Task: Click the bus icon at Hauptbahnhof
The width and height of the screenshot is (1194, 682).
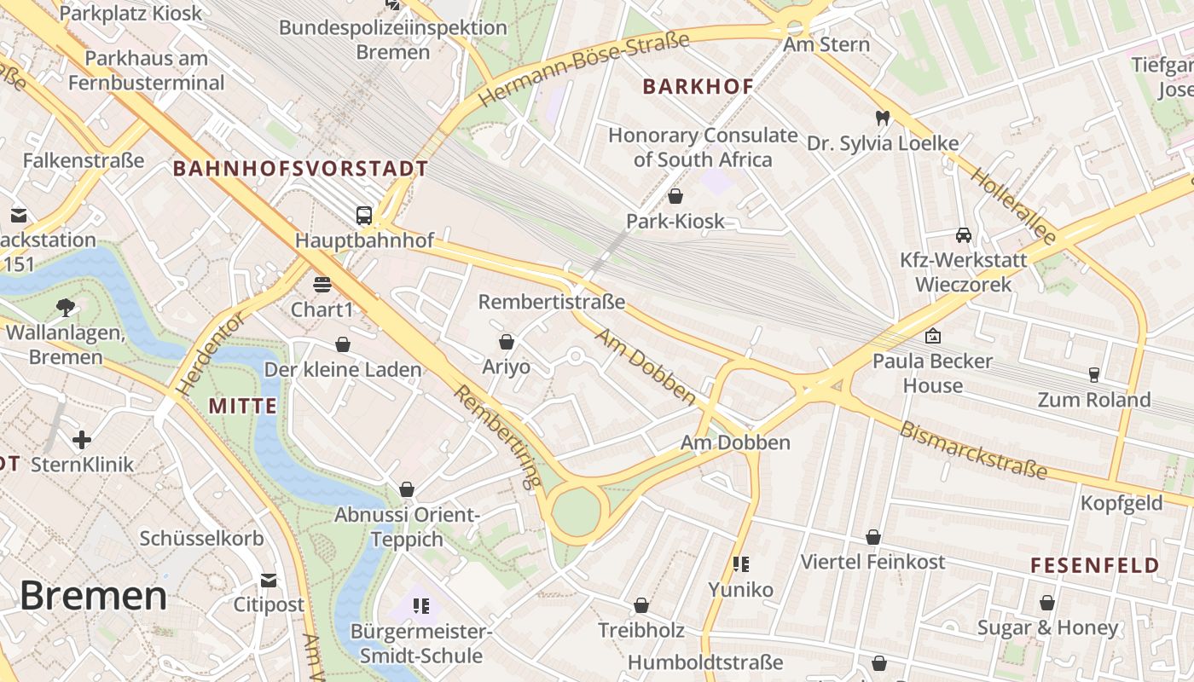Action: point(364,215)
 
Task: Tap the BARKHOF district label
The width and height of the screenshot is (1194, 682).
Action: point(698,86)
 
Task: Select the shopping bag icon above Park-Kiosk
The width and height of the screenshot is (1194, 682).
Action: point(675,196)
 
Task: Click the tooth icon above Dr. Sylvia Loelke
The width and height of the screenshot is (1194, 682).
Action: point(882,118)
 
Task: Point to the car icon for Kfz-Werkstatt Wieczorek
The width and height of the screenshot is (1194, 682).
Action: point(963,234)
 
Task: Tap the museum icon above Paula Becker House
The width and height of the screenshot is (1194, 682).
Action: point(933,336)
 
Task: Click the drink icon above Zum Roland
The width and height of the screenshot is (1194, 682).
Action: point(1093,374)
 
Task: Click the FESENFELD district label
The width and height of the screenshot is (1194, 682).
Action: point(1094,565)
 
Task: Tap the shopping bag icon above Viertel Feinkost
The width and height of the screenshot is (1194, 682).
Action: point(872,537)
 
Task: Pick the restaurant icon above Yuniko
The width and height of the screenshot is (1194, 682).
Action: point(741,564)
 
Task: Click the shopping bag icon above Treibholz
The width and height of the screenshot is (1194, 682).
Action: point(641,605)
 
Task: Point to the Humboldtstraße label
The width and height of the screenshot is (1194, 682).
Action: point(704,662)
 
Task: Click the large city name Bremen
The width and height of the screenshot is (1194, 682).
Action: point(93,595)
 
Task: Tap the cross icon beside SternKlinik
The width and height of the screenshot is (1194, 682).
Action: point(82,440)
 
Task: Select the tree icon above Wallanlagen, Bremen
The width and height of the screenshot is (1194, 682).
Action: point(65,307)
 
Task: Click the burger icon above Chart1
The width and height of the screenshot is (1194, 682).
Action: point(322,284)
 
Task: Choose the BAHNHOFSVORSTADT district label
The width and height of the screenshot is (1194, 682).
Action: point(300,168)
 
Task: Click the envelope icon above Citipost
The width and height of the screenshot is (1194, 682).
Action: point(269,581)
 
